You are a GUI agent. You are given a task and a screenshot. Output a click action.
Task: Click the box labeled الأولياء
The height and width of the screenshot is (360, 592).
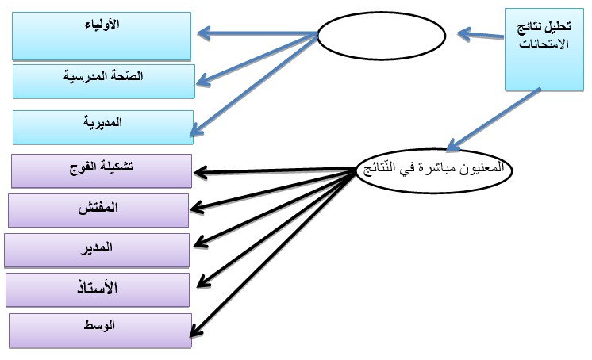(x=102, y=36)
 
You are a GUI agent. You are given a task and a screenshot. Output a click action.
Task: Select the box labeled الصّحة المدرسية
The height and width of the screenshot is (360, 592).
(x=104, y=82)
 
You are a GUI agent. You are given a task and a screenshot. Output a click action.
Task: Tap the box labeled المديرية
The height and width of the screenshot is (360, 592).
(x=103, y=128)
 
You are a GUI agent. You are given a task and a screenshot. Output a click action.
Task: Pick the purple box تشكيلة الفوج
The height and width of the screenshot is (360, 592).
(x=102, y=171)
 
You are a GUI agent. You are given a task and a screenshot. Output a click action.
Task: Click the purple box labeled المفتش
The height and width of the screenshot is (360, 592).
(x=98, y=211)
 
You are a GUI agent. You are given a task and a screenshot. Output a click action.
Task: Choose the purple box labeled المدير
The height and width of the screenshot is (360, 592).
(x=97, y=251)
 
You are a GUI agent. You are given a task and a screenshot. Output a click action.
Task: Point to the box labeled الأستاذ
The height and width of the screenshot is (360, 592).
(x=98, y=290)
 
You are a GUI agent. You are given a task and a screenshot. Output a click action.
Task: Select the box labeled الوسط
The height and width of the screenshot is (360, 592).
(x=100, y=331)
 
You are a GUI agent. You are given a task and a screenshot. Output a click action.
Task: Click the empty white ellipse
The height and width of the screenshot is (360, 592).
(x=382, y=36)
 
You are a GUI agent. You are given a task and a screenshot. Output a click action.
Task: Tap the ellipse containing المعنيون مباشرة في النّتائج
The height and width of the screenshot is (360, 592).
(x=434, y=170)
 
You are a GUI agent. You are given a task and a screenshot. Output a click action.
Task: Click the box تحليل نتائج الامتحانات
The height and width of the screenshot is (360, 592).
(x=544, y=49)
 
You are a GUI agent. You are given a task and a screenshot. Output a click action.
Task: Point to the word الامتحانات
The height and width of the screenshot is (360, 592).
(x=544, y=44)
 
